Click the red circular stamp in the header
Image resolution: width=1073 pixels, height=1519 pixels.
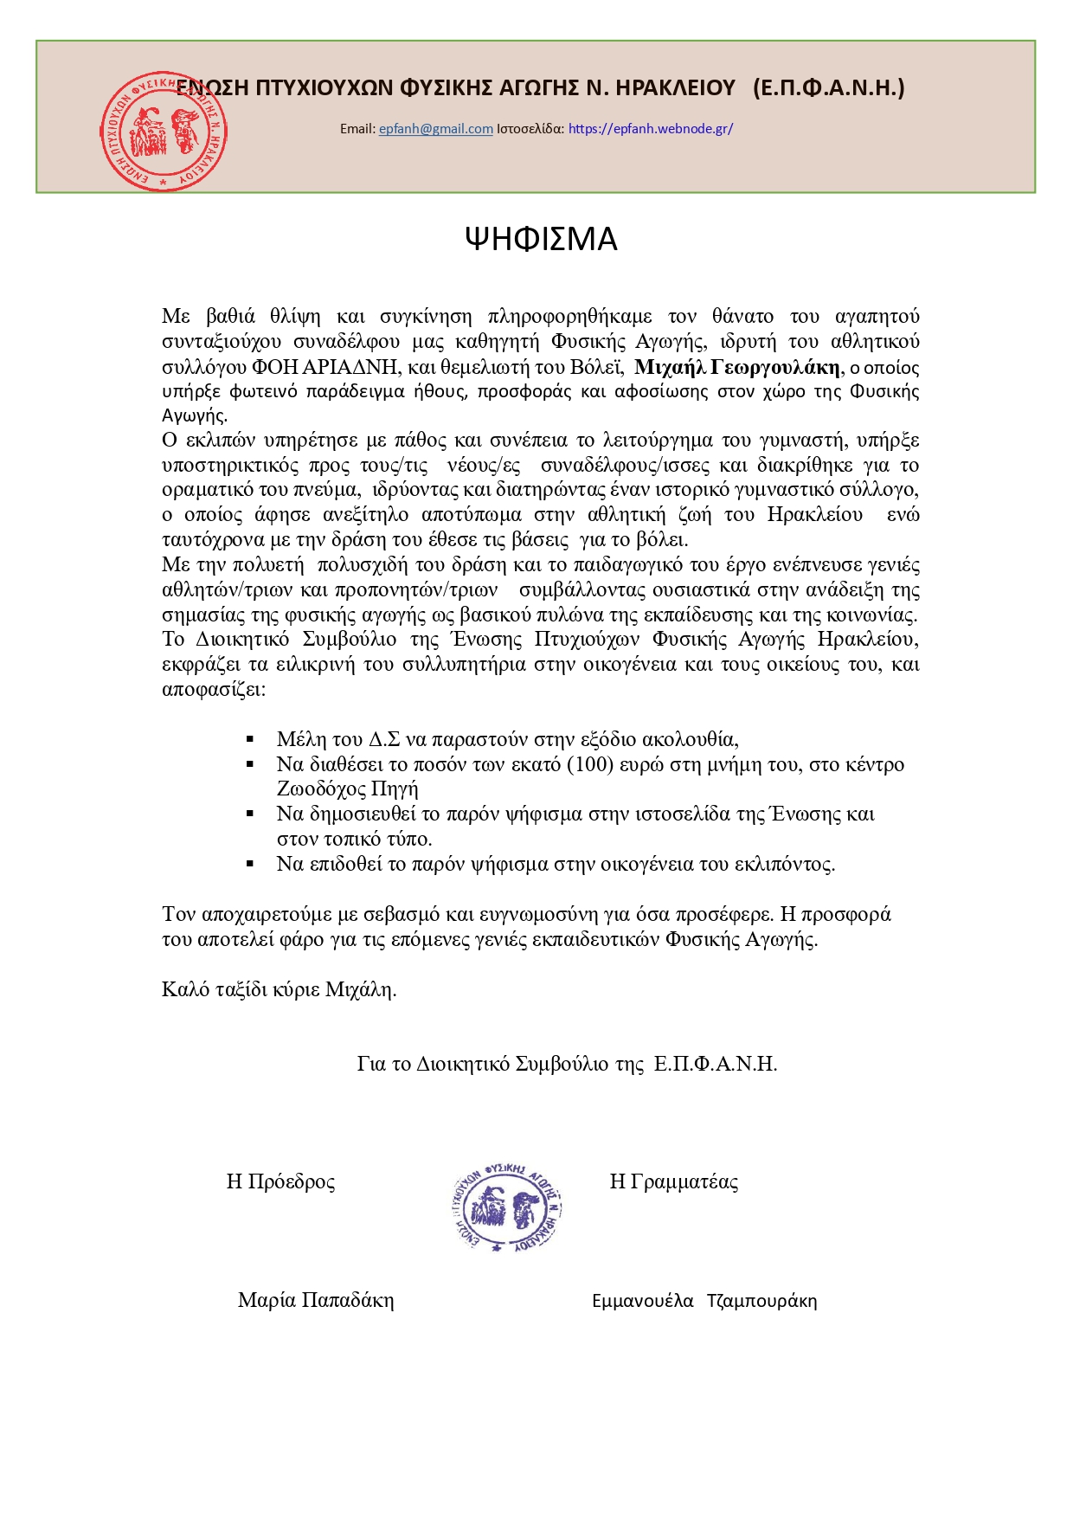163,132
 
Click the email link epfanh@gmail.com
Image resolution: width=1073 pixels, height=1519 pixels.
435,129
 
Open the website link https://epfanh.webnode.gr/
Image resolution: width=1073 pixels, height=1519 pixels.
651,129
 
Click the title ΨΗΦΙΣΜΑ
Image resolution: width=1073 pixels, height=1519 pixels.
541,239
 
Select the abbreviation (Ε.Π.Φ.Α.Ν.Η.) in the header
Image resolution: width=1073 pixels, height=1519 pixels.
828,87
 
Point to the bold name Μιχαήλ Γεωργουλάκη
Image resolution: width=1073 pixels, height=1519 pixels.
736,367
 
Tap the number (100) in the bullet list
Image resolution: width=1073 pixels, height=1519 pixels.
589,764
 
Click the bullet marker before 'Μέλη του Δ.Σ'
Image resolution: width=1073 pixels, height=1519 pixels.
250,739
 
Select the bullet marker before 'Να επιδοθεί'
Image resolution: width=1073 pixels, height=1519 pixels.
250,864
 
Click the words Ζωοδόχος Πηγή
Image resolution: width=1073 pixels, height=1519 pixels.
347,788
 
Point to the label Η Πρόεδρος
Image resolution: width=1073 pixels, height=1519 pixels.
280,1181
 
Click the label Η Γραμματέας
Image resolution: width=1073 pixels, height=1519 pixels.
673,1181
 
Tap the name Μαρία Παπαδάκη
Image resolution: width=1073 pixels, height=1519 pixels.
316,1300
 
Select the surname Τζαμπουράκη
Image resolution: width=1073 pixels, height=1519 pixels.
761,1301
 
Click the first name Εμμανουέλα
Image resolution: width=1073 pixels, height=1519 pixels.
643,1301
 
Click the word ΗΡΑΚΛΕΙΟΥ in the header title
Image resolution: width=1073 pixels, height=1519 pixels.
673,87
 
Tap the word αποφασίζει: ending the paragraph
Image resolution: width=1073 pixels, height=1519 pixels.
214,690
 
